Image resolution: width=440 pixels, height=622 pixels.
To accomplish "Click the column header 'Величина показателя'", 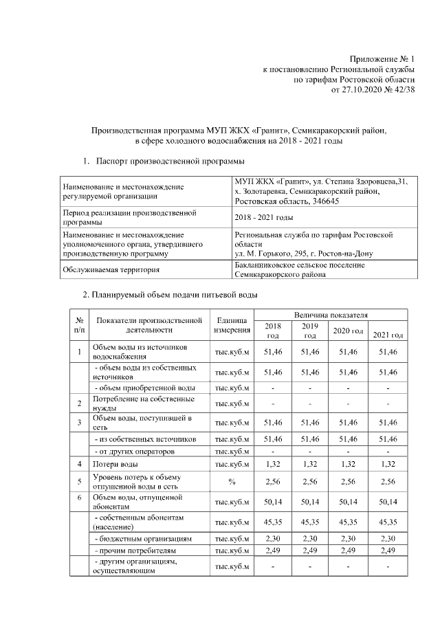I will pyautogui.click(x=331, y=314).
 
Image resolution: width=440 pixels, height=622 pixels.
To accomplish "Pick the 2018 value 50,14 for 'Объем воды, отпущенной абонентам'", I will pyautogui.click(x=273, y=502).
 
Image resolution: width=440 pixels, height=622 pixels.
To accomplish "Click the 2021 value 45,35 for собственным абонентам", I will pyautogui.click(x=388, y=522).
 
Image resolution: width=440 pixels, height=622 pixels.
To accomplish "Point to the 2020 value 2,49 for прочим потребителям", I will pyautogui.click(x=349, y=551).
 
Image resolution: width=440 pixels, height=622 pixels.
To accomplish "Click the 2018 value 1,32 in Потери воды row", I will pyautogui.click(x=273, y=465).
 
